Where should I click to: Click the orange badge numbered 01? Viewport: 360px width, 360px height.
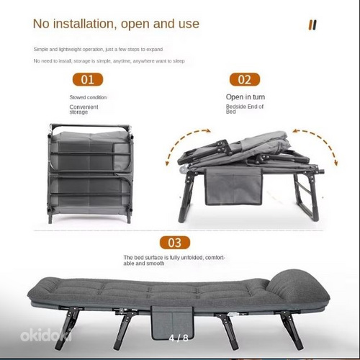coord(88,79)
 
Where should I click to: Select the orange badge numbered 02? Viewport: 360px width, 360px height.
coord(245,79)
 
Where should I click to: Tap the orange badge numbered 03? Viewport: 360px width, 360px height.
coord(175,243)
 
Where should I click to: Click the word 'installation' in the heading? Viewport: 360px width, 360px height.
coord(84,24)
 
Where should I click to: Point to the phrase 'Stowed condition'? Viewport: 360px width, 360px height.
coord(88,97)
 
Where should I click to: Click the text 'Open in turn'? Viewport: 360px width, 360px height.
coord(246,97)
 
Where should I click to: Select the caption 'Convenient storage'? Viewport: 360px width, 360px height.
coord(84,109)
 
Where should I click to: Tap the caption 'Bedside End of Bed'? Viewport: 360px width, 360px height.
coord(245,109)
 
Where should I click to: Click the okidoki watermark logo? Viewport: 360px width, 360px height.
coord(46,335)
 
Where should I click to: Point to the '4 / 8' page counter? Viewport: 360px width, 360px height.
coord(179,338)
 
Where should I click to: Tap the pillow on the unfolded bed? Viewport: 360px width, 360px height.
coord(297,286)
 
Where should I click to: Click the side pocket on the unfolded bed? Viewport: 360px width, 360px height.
coord(172,323)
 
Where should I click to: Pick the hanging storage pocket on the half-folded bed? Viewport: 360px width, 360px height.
coord(233,186)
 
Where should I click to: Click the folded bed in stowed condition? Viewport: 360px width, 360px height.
coord(91,174)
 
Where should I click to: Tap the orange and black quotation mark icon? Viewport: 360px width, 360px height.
coord(312,25)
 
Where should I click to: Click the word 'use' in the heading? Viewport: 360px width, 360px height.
coord(189,24)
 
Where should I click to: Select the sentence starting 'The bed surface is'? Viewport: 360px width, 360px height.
coord(174,261)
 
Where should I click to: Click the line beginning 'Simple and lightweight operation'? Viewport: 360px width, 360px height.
coord(98,50)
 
